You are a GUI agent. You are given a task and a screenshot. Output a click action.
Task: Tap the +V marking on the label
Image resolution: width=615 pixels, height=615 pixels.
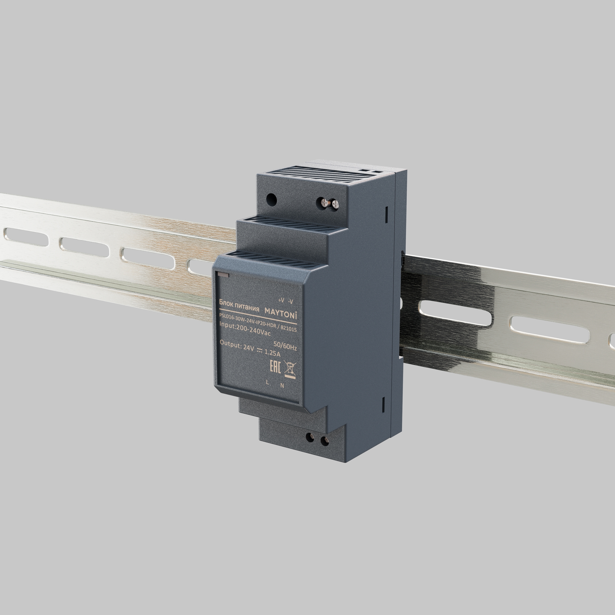coord(281,300)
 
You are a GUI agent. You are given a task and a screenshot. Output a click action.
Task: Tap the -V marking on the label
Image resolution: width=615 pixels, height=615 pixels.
coord(290,301)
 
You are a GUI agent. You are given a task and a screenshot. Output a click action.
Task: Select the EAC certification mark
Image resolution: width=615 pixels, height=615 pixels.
coord(275,367)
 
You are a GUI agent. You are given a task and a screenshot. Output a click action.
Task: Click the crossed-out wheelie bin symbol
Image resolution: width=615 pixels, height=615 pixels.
coord(289,369)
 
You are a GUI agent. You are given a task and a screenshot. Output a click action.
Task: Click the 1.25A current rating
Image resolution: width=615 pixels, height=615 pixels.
coord(272,354)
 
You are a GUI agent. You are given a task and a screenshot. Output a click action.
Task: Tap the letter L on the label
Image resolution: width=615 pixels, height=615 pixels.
coord(268,383)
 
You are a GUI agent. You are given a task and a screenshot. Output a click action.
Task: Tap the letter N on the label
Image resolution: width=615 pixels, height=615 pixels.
coord(282,385)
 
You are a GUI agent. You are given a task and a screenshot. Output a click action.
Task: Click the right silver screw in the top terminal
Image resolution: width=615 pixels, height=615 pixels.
coord(335,205)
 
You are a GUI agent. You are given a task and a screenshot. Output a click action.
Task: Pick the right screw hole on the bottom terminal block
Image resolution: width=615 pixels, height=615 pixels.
coord(324,441)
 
